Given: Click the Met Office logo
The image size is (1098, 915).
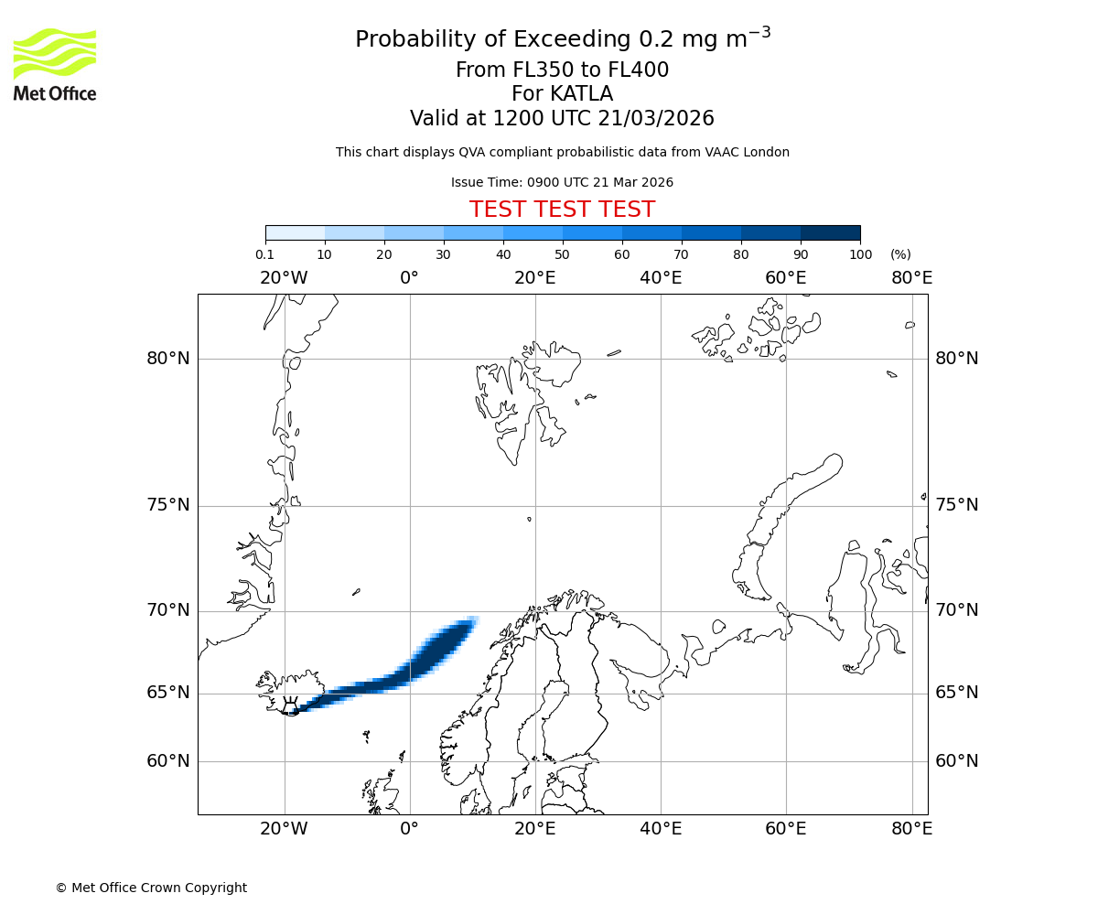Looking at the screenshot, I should coord(55,64).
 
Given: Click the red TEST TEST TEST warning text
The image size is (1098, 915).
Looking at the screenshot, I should coord(562,210).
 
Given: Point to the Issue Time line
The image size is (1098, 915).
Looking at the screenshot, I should coord(562,182).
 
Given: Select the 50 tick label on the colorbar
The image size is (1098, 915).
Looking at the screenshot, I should coord(562,254).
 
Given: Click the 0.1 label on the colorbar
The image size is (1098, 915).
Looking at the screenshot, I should coord(265,254).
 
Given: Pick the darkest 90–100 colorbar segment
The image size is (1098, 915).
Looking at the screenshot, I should coord(830,232).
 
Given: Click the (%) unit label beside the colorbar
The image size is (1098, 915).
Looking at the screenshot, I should coord(900,254).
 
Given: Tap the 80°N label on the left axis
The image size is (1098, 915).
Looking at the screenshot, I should coord(168,359).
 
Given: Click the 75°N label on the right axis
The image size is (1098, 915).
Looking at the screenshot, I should coord(956,505).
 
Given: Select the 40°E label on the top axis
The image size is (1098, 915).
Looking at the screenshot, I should coord(661,277).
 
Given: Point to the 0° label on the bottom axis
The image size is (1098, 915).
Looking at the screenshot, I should coord(409,829).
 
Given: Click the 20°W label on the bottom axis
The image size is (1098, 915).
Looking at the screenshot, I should coord(284,829).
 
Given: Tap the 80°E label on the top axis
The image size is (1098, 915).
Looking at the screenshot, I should coord(911,277).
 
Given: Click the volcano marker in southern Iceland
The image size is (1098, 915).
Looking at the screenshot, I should coord(290,707).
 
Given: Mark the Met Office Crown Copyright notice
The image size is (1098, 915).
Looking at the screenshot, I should coord(151,888).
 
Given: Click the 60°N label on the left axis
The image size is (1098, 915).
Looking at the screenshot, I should coord(168,761).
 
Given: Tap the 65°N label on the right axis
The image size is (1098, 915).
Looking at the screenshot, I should coord(956,693).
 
